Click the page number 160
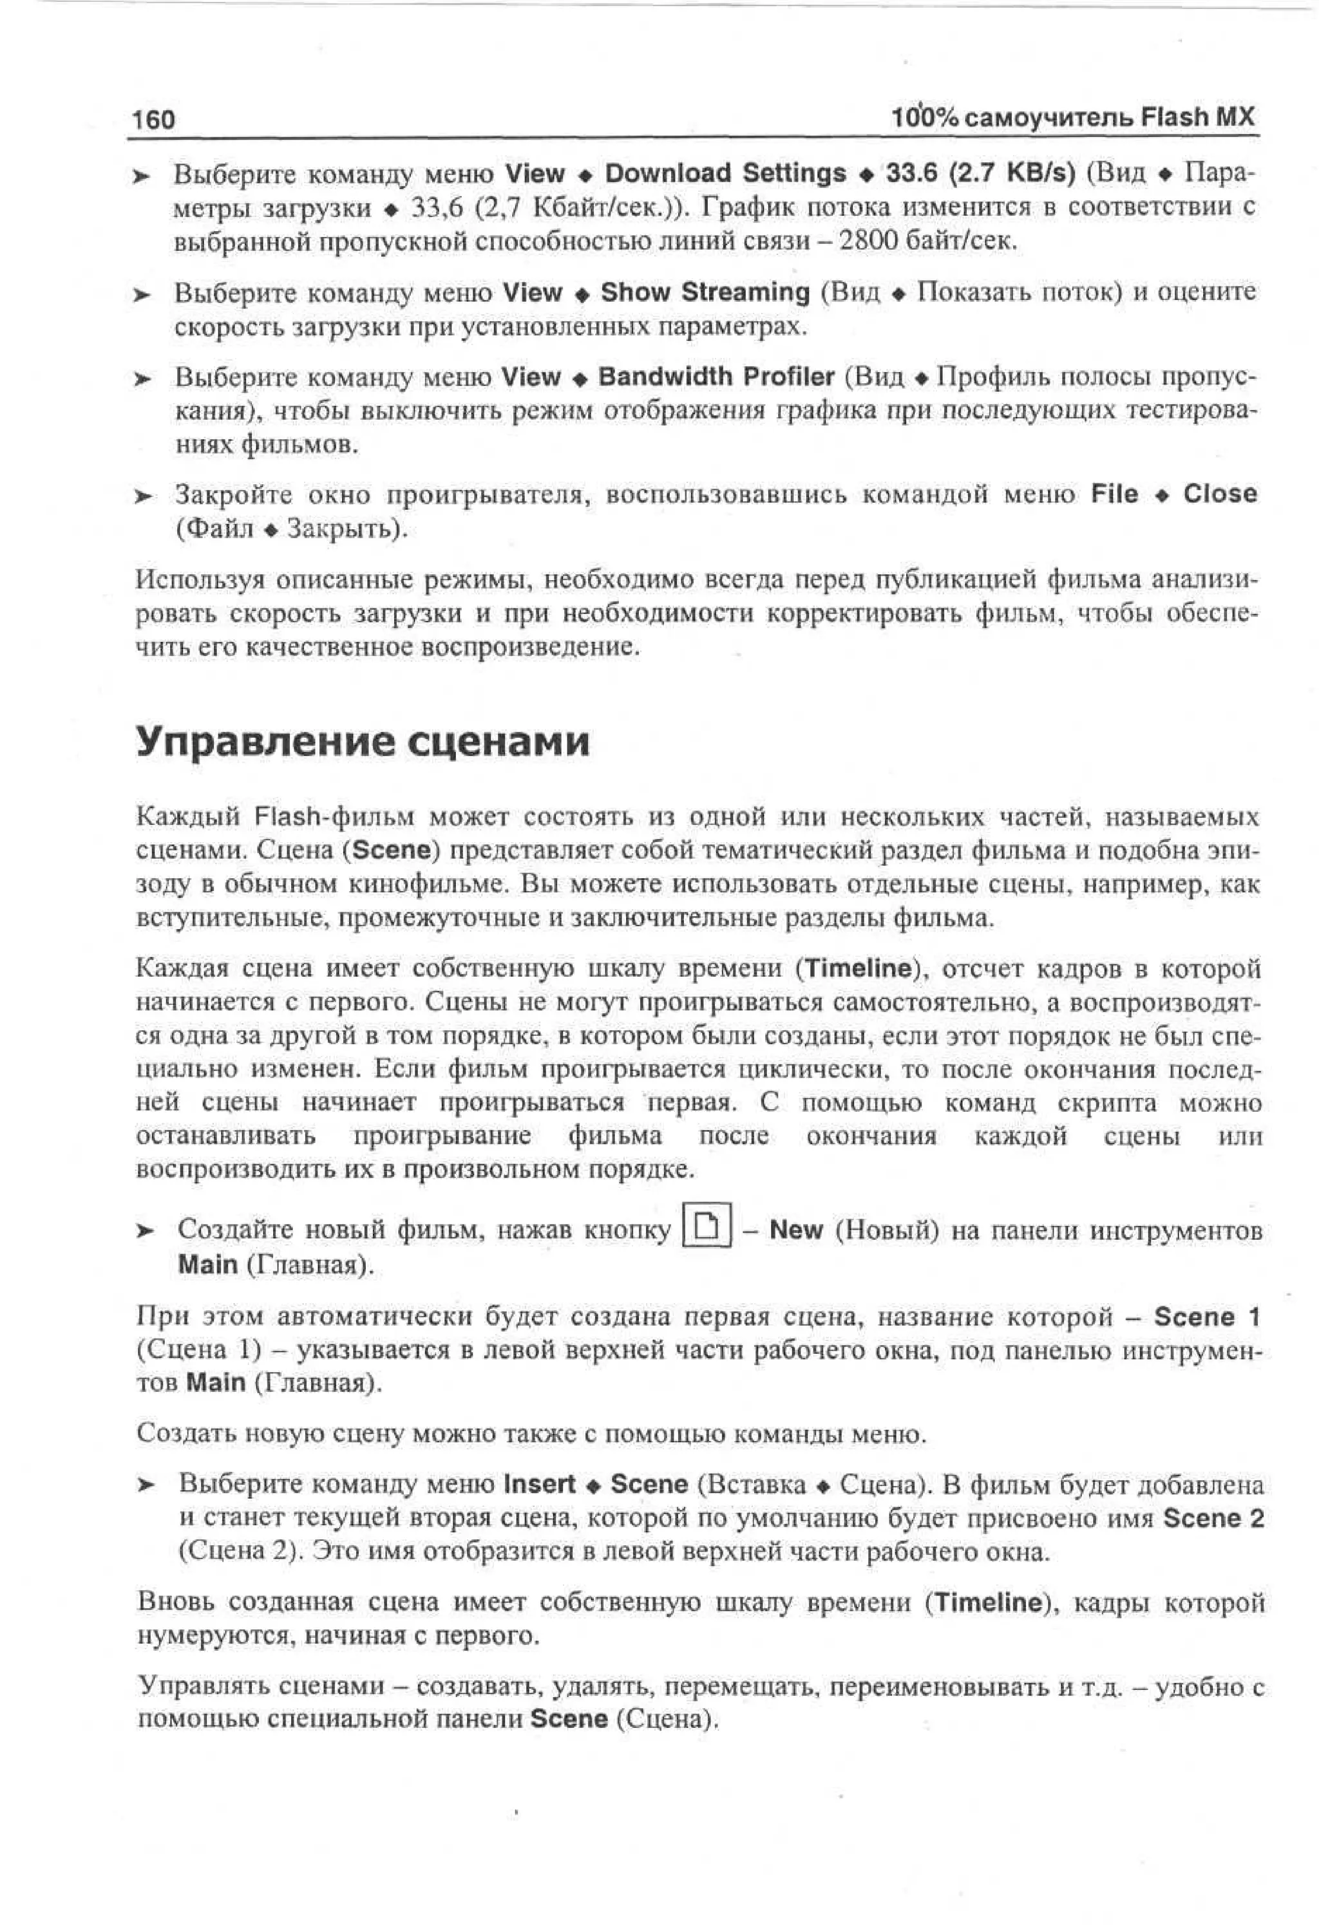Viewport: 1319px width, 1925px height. (x=153, y=120)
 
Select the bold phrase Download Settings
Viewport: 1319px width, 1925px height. (x=725, y=173)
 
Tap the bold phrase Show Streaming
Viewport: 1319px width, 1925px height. (x=705, y=292)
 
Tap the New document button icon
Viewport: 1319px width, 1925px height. (x=706, y=1228)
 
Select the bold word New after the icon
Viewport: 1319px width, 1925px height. (x=795, y=1230)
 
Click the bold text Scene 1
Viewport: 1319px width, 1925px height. (x=1206, y=1316)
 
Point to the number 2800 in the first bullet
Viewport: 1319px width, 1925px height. (x=868, y=242)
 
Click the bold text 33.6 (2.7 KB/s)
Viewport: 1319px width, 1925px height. (x=980, y=173)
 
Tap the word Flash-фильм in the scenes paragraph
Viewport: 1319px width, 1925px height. (x=332, y=818)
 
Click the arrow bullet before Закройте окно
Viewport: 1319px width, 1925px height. (x=145, y=497)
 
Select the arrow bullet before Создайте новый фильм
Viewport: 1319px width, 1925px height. (x=145, y=1232)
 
